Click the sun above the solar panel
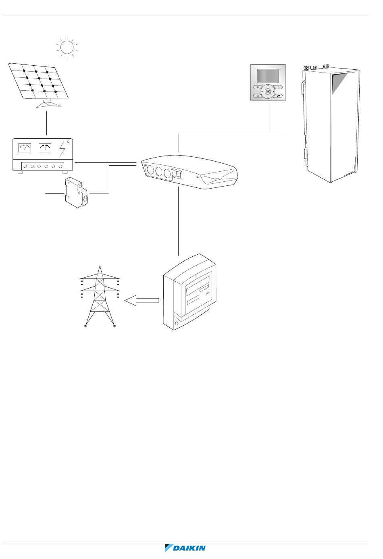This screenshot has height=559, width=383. (67, 47)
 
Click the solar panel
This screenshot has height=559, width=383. (38, 81)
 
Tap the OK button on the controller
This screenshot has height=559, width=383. (268, 91)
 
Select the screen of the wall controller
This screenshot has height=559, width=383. (268, 76)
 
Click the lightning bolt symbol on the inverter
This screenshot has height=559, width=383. (62, 149)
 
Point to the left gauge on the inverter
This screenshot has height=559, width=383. (25, 148)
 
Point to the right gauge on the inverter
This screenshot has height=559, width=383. (45, 148)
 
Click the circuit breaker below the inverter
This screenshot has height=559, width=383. (77, 192)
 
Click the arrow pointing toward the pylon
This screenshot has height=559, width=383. (142, 301)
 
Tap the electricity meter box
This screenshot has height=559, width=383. (189, 292)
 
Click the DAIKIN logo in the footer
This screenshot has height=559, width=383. (185, 548)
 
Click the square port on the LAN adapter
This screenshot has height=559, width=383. (177, 174)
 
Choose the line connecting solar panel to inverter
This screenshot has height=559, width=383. (47, 123)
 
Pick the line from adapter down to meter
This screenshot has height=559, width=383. (179, 221)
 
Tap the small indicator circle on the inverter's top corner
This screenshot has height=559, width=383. (69, 141)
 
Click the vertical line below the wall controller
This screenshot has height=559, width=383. (268, 117)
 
